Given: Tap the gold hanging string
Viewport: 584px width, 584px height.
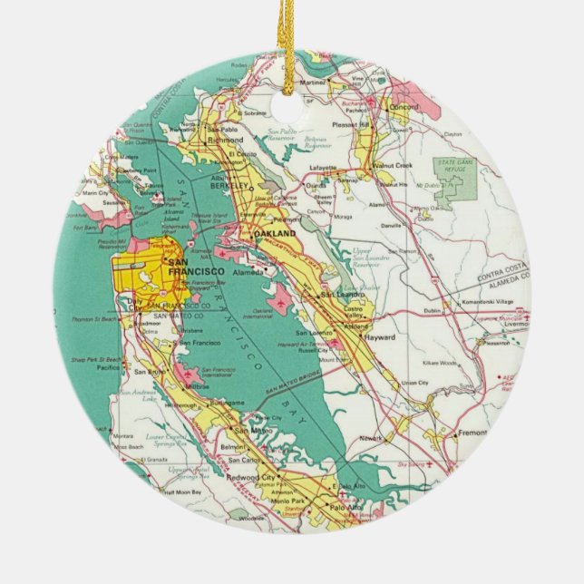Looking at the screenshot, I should pos(292,36).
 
